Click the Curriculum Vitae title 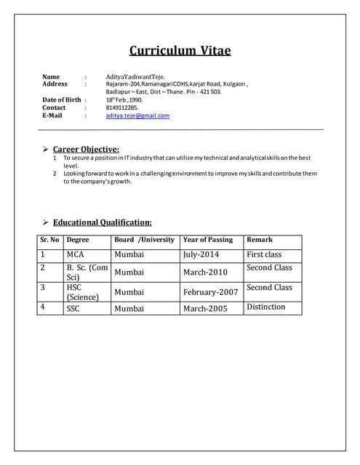coord(180,50)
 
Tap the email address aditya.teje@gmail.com coord(137,116)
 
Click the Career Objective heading coord(86,149)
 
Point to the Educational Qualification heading coord(103,222)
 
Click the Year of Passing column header coord(208,240)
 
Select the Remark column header coord(260,240)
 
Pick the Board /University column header coord(145,240)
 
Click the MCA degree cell coord(76,255)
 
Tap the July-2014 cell coord(201,255)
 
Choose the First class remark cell coord(264,255)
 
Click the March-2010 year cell coord(205,272)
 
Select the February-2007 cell coord(210,292)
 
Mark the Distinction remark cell coord(266,307)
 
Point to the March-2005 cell coord(205,309)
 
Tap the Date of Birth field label coord(62,100)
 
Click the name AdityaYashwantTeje coord(135,76)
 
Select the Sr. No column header coord(49,240)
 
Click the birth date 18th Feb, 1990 coord(124,100)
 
